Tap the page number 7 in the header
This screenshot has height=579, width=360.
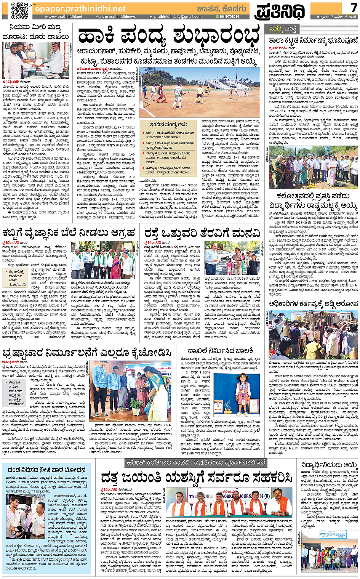pos(353,8)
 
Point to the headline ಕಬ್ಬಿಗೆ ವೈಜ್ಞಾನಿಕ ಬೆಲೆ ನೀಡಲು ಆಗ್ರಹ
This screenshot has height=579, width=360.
pos(69,233)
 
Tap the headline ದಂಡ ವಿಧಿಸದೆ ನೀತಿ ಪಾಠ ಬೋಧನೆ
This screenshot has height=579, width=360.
pos(47,470)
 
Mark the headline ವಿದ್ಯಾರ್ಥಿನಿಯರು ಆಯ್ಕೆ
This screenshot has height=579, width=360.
pos(330,466)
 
